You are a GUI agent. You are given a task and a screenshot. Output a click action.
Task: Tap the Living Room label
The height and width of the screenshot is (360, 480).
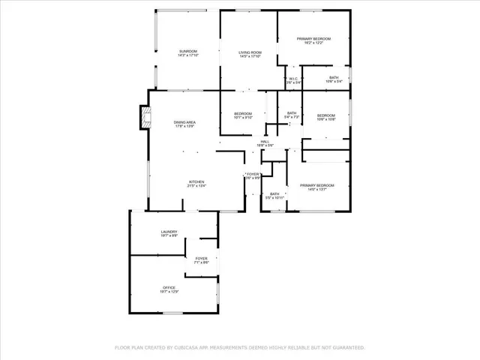tap(250, 51)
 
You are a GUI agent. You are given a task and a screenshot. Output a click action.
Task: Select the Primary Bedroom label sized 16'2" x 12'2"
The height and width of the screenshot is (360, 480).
tap(313, 38)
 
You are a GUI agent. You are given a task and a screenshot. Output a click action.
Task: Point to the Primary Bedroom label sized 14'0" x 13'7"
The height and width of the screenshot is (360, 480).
tap(316, 184)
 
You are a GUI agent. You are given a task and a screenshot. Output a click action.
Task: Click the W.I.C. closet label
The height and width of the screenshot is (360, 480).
tap(292, 78)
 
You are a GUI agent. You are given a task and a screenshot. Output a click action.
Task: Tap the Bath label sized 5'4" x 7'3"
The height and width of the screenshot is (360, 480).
tap(292, 112)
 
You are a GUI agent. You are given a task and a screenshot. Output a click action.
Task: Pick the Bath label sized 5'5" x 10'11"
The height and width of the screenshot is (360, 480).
tap(275, 193)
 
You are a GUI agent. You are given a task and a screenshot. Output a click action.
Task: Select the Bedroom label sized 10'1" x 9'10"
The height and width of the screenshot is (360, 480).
tap(243, 113)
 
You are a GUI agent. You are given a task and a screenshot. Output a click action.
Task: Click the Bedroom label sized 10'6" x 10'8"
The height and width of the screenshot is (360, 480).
tap(325, 115)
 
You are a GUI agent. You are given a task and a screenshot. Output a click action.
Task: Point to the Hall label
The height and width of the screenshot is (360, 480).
tap(265, 141)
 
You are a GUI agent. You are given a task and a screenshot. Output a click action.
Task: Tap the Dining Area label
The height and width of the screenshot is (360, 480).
tap(184, 122)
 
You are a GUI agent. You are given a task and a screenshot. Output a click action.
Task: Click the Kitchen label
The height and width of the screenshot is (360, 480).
tap(196, 181)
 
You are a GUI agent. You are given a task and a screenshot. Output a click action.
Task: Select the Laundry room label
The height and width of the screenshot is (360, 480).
tap(169, 232)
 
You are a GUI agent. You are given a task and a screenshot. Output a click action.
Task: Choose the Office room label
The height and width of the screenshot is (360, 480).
tap(169, 288)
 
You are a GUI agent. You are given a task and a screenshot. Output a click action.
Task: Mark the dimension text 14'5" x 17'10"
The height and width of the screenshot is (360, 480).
tap(250, 55)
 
